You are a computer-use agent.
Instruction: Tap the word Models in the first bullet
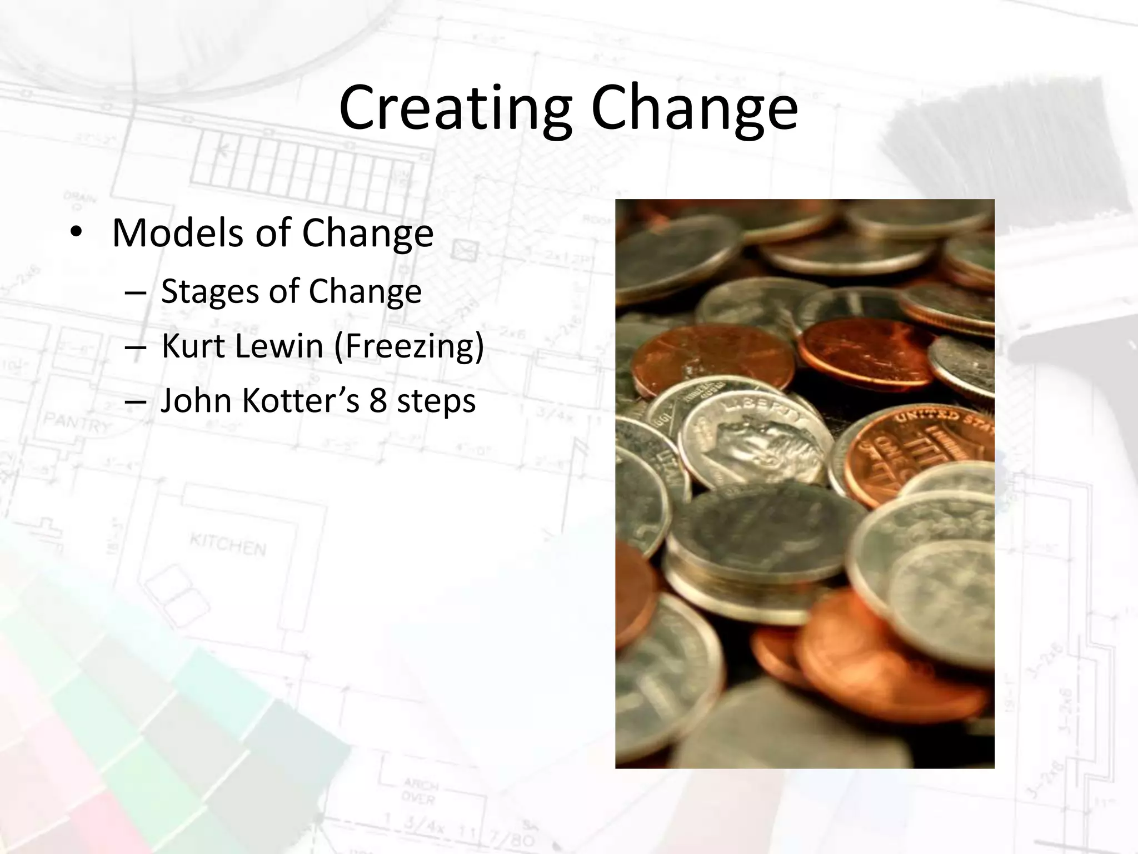pos(178,232)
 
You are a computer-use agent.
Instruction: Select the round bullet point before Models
pos(76,232)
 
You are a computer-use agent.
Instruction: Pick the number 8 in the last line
pos(378,400)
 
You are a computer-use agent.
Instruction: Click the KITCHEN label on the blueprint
pos(228,544)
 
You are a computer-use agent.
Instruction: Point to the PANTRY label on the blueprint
pos(78,423)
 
